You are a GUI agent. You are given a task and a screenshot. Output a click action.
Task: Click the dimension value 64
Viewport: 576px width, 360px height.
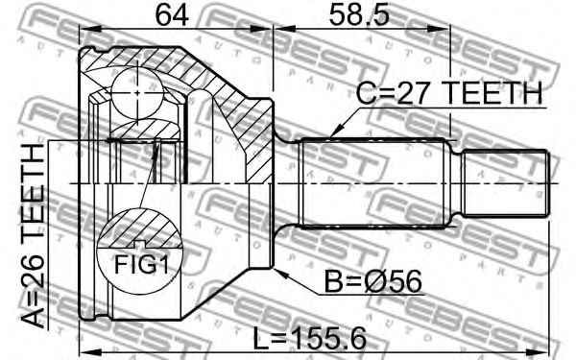click(172, 15)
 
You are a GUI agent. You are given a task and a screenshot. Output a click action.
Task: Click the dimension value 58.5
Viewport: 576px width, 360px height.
click(358, 15)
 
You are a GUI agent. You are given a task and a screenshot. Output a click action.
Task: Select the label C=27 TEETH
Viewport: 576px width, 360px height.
click(449, 92)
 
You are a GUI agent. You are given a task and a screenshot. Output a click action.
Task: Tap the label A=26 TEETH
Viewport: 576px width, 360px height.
click(33, 236)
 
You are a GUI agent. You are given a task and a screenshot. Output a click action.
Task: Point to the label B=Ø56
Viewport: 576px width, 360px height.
click(373, 281)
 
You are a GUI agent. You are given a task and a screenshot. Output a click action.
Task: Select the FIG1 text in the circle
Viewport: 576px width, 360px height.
click(141, 265)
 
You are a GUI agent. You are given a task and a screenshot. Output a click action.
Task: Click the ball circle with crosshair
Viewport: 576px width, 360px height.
click(137, 93)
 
